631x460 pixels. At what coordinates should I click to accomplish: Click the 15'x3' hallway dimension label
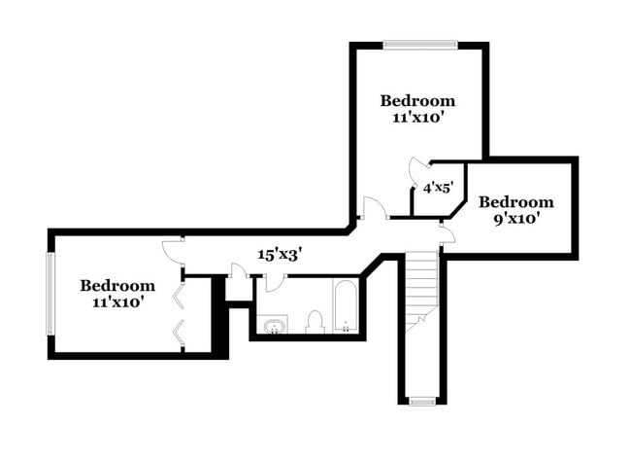tap(280, 255)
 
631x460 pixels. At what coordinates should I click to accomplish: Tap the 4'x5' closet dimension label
tap(438, 188)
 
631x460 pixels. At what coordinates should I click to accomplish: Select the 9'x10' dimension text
tap(516, 219)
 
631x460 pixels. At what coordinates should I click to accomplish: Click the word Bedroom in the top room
tap(417, 101)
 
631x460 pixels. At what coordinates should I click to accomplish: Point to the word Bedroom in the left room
tap(117, 286)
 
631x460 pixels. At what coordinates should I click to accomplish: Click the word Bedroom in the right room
tap(516, 202)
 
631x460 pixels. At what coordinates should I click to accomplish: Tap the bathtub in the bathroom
tap(346, 306)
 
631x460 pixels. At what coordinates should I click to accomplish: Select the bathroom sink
tap(273, 325)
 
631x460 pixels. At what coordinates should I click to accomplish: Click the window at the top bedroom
tap(419, 45)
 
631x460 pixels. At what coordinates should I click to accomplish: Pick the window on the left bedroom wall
tap(50, 294)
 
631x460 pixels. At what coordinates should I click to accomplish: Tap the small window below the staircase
tap(422, 402)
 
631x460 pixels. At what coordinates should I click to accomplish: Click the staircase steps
tap(421, 291)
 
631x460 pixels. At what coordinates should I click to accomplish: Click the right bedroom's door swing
tap(448, 233)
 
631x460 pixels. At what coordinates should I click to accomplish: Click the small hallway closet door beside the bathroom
tap(239, 270)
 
